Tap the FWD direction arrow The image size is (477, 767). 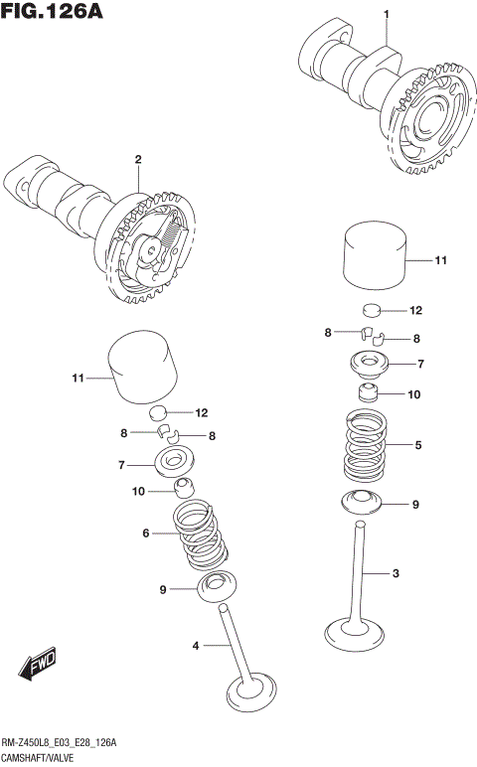40,663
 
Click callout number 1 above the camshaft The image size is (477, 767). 387,12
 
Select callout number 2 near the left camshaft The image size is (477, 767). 138,159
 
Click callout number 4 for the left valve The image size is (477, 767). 196,647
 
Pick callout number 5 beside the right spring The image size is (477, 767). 418,445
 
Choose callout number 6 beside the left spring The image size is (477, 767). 145,534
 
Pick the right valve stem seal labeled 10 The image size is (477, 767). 370,393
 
